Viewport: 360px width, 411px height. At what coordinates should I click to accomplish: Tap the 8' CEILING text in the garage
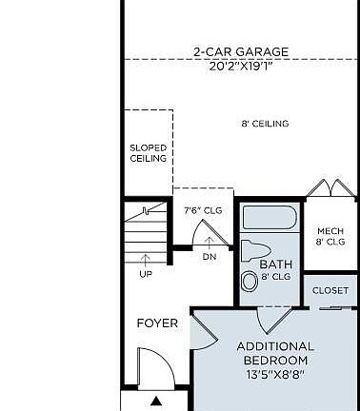pos(265,124)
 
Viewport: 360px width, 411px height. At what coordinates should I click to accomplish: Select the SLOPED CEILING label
pos(148,153)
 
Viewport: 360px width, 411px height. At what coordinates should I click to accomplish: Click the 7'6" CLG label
pos(202,210)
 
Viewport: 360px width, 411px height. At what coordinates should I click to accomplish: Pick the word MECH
pos(330,231)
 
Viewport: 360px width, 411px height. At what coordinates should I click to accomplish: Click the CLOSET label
pos(330,290)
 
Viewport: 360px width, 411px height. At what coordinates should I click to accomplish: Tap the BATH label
pos(275,265)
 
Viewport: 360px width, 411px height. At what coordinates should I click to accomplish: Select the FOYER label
pos(157,323)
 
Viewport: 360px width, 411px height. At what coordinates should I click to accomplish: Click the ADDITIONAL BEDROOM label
pos(275,353)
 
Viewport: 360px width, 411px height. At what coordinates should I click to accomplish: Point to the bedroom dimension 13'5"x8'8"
pos(275,376)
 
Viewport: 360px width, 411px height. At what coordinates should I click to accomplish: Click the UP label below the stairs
pos(146,274)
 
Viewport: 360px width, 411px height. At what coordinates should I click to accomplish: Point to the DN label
pos(210,256)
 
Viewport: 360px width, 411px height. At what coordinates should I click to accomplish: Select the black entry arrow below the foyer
pos(156,401)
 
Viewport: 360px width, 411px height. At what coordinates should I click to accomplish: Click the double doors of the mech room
pos(330,189)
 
